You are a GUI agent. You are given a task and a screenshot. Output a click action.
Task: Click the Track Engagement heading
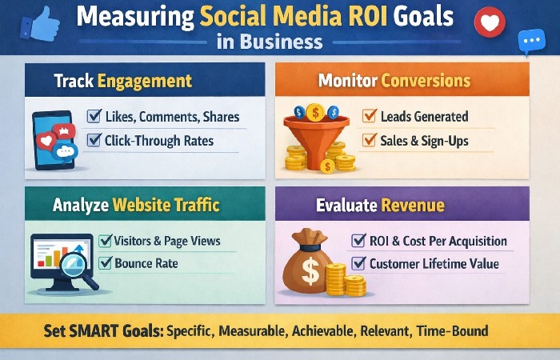[123, 81]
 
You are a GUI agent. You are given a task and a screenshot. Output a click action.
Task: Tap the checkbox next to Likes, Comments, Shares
[92, 118]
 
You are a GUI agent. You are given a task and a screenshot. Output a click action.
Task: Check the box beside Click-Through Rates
[92, 141]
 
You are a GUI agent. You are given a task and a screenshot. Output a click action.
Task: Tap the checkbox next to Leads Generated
[369, 117]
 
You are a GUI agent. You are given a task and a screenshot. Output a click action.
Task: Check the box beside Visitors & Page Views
[105, 241]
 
